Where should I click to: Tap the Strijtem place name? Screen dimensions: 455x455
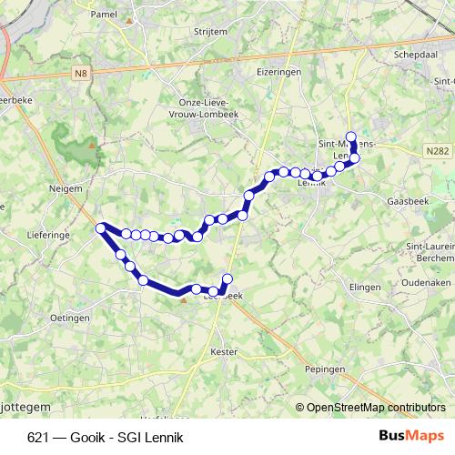211,31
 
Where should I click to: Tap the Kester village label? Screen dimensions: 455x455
223,350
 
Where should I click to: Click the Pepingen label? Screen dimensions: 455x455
326,369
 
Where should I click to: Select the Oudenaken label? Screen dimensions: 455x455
427,282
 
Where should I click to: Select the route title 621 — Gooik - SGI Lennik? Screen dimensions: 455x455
106,438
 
